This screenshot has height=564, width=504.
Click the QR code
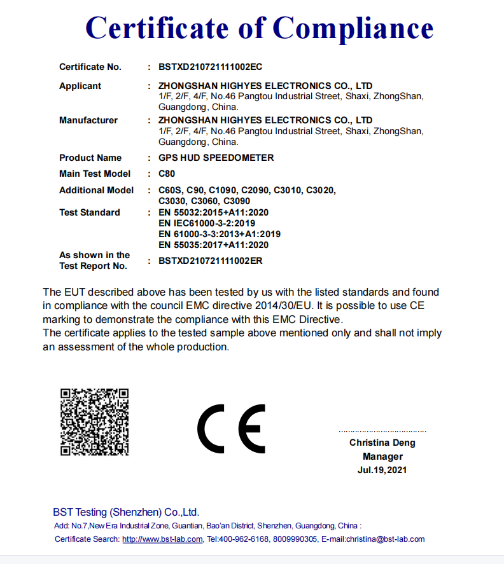click(95, 422)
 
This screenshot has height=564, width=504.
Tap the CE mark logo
click(231, 428)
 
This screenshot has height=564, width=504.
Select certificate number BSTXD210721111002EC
click(211, 67)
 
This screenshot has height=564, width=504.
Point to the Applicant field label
click(80, 86)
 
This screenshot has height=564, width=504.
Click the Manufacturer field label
click(88, 120)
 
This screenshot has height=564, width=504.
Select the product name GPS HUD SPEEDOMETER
click(216, 158)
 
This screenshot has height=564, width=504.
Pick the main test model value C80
click(167, 174)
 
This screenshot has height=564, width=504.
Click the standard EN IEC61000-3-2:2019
click(207, 223)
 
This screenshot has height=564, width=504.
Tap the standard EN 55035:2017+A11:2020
click(213, 245)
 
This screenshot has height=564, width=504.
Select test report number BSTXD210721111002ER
click(211, 261)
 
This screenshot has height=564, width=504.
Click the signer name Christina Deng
click(382, 443)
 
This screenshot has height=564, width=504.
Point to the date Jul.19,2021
click(382, 471)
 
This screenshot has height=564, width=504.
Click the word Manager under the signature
click(382, 457)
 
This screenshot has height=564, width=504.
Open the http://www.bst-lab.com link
click(162, 539)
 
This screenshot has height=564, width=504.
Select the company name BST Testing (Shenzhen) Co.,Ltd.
click(126, 512)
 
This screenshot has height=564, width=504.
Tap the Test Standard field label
click(90, 212)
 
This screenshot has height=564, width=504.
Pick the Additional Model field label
click(97, 190)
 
